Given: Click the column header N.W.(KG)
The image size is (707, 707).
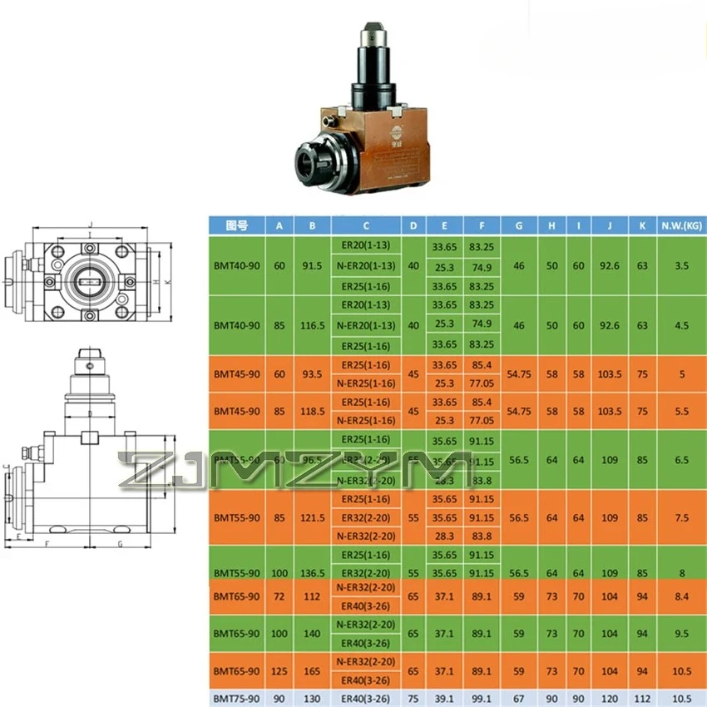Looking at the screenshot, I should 681,225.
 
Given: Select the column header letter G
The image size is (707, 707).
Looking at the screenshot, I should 519,225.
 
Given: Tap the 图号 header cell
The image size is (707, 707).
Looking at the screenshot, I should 237,225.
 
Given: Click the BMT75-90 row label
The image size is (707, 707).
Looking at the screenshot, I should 237,700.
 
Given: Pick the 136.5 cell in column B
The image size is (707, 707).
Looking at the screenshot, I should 312,573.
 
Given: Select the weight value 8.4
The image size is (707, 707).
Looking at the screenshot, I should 681,596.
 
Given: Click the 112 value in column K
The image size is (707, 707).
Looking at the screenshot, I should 642,700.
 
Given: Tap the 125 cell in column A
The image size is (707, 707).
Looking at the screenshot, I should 279,670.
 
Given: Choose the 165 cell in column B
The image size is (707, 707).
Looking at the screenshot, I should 312,670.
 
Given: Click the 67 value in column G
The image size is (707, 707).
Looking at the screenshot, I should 519,700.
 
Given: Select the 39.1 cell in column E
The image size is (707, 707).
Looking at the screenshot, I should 444,700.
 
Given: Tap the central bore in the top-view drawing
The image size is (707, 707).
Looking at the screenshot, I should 89,279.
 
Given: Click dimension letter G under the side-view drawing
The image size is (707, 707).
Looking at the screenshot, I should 119,545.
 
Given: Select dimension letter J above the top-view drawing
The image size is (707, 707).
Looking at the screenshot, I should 90,224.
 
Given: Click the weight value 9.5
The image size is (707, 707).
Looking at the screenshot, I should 681,633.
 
